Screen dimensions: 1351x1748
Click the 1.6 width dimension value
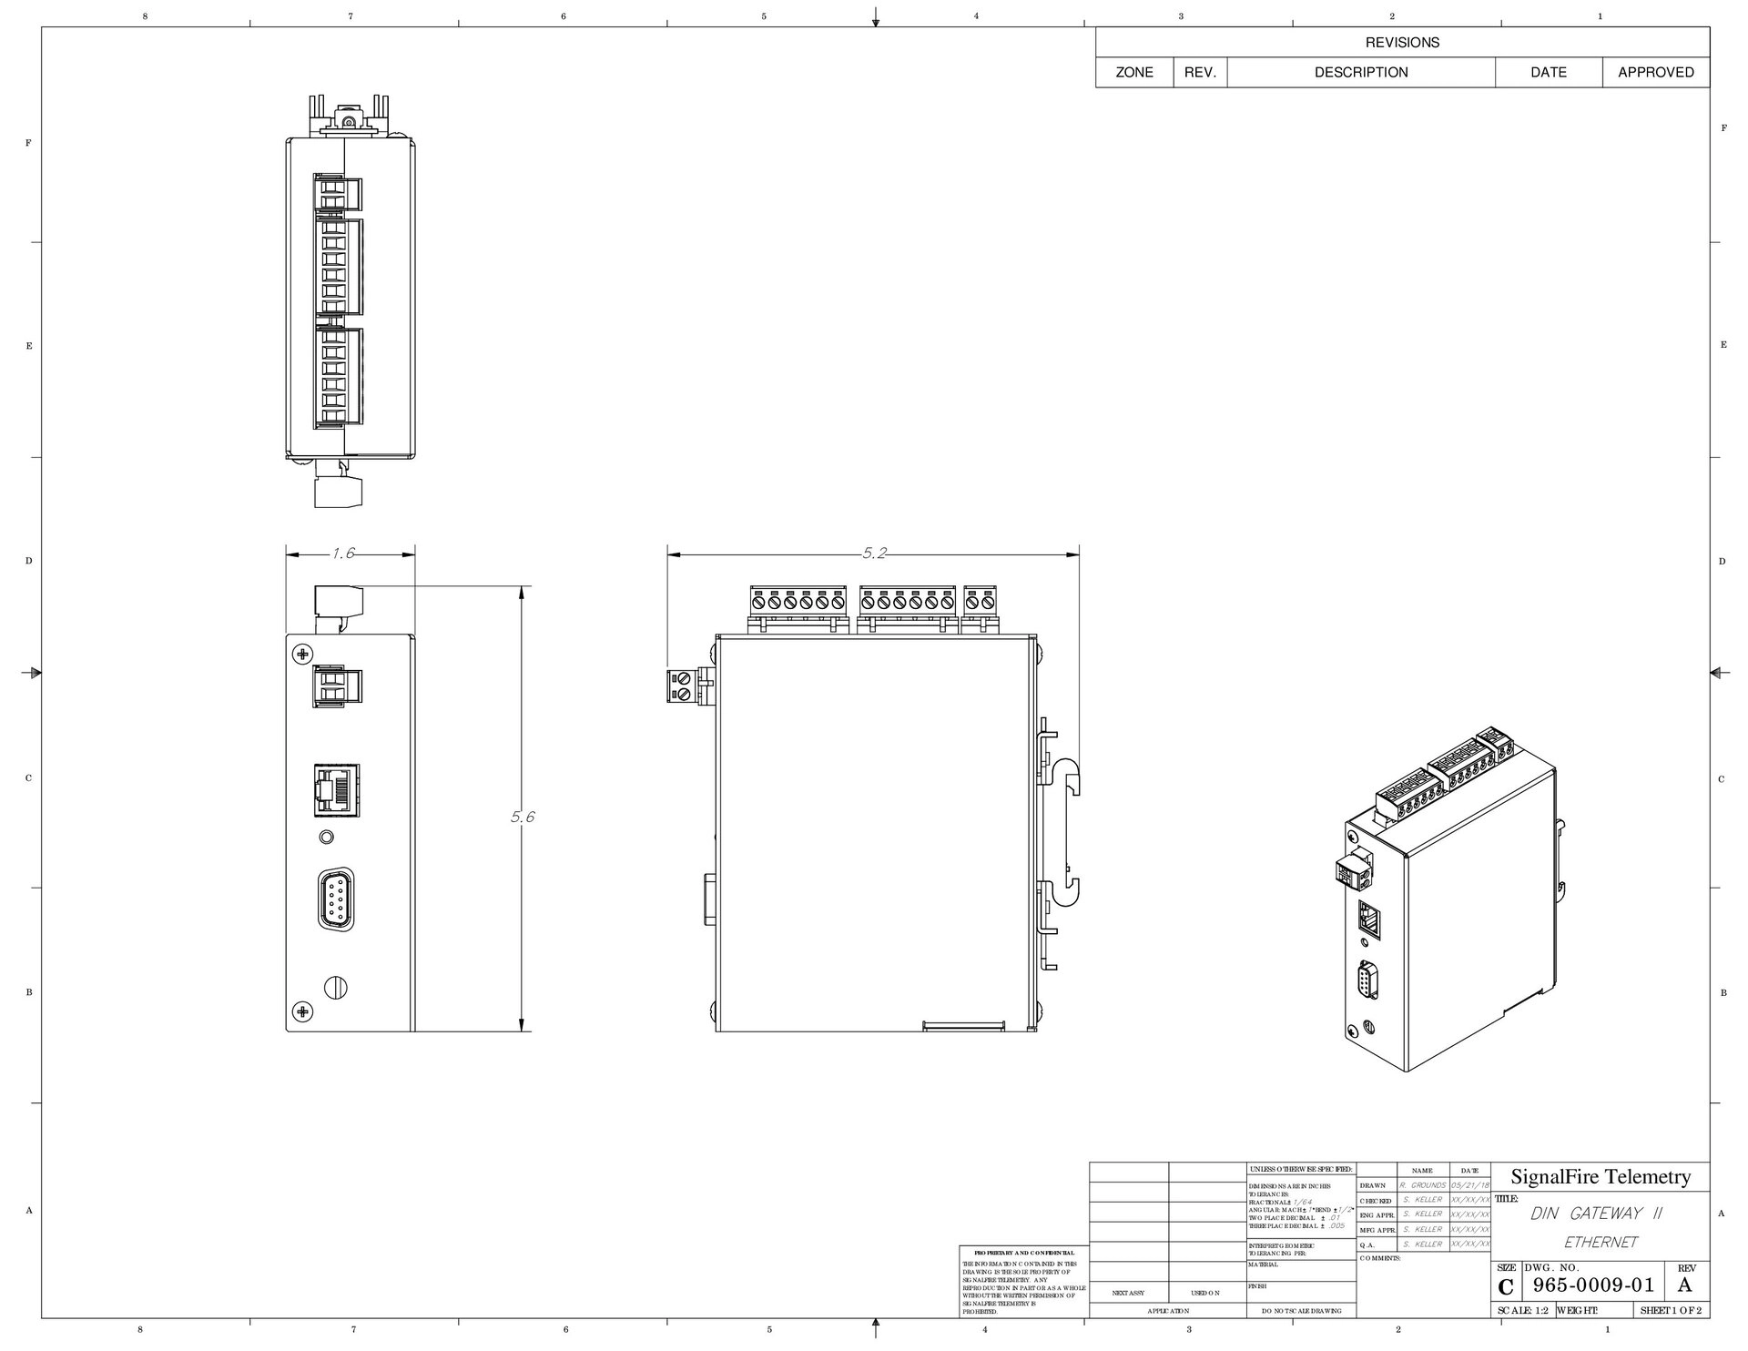click(343, 553)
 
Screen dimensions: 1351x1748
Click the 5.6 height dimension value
click(522, 817)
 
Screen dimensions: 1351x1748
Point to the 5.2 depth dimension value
click(874, 553)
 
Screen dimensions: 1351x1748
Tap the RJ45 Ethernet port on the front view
click(336, 787)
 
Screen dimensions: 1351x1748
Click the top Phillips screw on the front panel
click(302, 653)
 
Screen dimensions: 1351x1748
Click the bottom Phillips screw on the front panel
click(302, 1011)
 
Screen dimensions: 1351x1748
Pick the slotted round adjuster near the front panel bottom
click(336, 987)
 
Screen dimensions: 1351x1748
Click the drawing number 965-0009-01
click(1593, 1285)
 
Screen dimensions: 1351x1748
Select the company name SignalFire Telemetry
click(1601, 1176)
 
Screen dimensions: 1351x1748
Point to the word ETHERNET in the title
click(1601, 1242)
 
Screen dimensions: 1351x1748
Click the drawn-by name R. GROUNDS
click(1423, 1185)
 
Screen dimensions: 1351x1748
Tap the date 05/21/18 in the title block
click(1470, 1185)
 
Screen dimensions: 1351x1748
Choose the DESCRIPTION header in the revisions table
click(1360, 72)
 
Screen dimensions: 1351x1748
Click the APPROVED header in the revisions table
click(1655, 72)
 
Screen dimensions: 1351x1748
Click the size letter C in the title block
click(1506, 1287)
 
